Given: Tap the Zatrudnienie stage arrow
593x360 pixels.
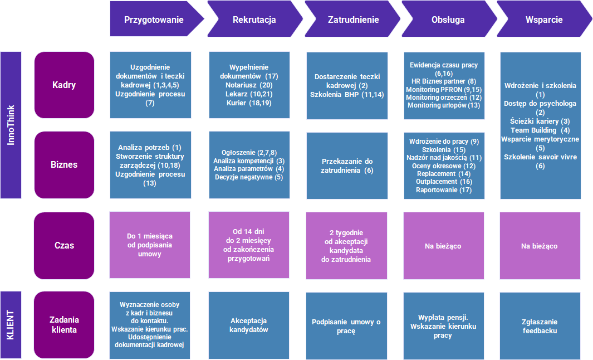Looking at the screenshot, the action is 352,19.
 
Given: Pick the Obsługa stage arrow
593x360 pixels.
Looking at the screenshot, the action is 449,19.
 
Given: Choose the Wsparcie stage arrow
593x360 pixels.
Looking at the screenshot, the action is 545,19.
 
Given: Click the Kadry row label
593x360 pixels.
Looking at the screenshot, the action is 64,85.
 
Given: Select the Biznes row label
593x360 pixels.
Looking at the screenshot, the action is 64,164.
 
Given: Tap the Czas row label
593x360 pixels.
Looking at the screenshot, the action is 64,245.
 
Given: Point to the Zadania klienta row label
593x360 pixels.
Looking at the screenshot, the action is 64,325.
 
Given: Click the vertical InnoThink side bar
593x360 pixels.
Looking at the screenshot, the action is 11,125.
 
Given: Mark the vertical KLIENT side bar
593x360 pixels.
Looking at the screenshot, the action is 11,325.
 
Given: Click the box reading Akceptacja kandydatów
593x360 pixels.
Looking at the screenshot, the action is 249,325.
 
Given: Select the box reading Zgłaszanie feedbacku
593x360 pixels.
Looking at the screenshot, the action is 540,325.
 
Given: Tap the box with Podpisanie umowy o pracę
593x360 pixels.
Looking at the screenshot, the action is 346,325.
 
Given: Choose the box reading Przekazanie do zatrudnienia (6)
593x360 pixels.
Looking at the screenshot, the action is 347,166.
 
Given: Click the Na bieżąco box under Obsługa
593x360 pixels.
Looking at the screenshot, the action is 444,246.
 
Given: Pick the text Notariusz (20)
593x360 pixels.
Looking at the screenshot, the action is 249,85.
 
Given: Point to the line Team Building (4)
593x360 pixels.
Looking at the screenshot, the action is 540,130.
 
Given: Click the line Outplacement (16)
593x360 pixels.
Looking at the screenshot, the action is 444,182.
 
